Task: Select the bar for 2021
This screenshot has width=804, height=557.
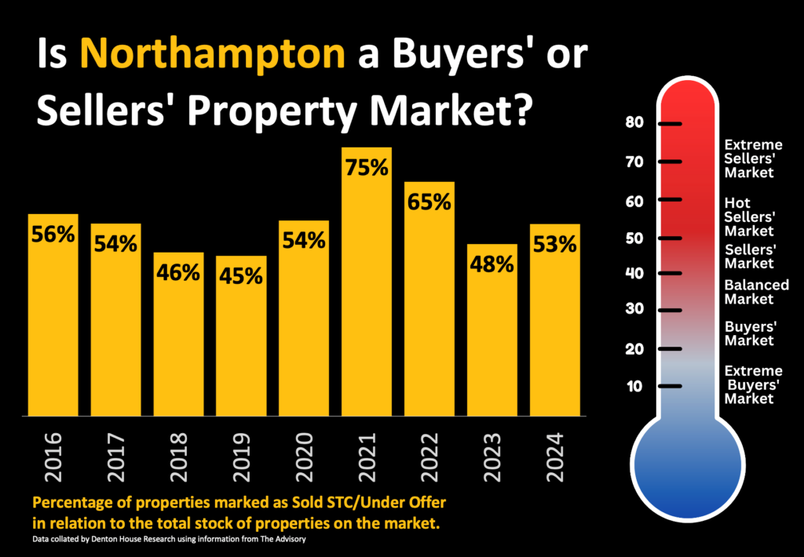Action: click(367, 298)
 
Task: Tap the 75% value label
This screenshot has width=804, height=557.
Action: click(367, 168)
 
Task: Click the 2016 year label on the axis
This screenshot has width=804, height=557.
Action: click(53, 456)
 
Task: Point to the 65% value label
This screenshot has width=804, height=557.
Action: click(429, 202)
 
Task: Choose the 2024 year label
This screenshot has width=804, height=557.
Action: click(555, 456)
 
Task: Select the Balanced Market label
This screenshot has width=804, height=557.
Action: click(756, 292)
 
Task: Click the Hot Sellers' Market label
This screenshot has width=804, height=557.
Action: click(749, 217)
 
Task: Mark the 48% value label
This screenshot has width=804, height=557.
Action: click(492, 264)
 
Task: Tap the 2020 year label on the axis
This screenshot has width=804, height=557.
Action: click(304, 456)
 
